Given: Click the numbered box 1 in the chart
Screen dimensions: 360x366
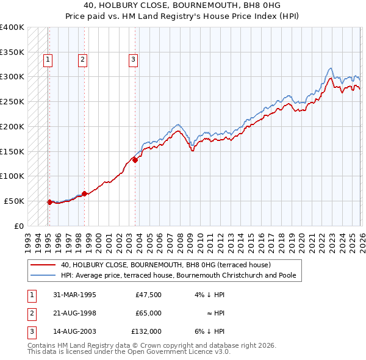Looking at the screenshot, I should (48, 59).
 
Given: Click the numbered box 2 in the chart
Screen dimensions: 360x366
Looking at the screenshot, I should (82, 59).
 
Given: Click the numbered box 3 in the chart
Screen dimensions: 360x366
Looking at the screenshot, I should (133, 59).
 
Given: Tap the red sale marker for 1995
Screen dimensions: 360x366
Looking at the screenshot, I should (49, 201).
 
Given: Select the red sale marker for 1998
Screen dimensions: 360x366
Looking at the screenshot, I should (84, 193).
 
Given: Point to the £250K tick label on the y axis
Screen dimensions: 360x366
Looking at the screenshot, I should (12, 101).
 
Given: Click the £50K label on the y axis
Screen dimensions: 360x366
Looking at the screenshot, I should (13, 201).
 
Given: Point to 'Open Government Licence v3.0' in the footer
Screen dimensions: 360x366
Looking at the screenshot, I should (175, 352).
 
